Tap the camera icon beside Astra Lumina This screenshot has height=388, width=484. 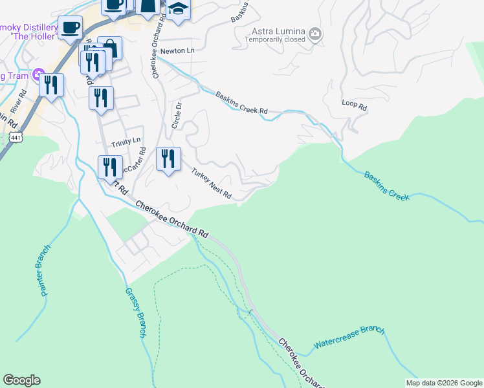[315, 34]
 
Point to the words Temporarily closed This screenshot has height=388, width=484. [274, 39]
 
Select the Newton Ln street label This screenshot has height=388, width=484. [177, 50]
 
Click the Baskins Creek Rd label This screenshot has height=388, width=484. [241, 102]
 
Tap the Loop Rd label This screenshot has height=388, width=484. [354, 105]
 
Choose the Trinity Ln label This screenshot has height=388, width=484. [126, 142]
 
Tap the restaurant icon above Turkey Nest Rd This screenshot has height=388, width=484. [168, 158]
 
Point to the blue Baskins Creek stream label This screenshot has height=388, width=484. [386, 186]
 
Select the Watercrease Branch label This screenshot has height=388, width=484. [349, 338]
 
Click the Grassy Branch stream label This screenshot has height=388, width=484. [134, 312]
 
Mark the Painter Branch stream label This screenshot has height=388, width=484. [41, 274]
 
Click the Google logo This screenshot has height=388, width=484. [21, 380]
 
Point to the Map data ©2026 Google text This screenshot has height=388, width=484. [444, 383]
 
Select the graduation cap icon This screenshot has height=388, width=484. [177, 9]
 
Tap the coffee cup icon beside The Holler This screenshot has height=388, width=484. [71, 28]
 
